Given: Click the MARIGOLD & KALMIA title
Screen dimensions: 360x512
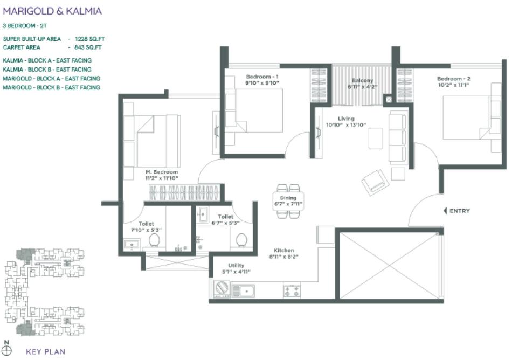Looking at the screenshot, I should pyautogui.click(x=52, y=11).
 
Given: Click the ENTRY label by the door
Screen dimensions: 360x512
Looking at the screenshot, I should pyautogui.click(x=460, y=211).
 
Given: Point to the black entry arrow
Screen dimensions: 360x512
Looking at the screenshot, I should pyautogui.click(x=445, y=211).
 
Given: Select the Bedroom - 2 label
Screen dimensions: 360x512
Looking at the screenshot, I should pyautogui.click(x=453, y=78).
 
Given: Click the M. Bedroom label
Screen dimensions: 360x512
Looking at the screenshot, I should pyautogui.click(x=162, y=172).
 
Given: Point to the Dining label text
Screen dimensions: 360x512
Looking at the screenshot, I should pyautogui.click(x=288, y=198).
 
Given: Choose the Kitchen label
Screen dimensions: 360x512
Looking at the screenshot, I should pyautogui.click(x=283, y=251).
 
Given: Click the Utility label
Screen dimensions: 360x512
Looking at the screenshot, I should pyautogui.click(x=236, y=265).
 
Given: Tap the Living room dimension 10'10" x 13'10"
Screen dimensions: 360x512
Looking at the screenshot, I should pyautogui.click(x=347, y=125).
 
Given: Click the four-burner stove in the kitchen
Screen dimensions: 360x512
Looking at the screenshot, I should pyautogui.click(x=292, y=290).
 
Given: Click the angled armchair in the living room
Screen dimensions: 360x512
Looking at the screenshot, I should pyautogui.click(x=375, y=182).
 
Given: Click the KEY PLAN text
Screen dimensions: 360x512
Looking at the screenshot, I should pyautogui.click(x=46, y=352).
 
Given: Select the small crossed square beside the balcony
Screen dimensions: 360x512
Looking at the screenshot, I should pyautogui.click(x=387, y=100).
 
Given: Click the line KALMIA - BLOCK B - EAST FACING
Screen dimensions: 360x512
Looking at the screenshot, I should pyautogui.click(x=47, y=70).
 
